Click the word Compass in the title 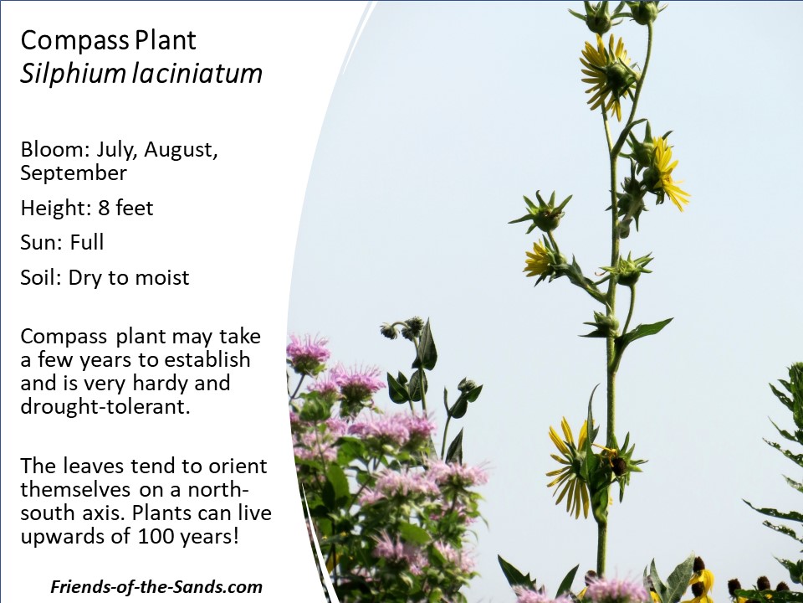(x=75, y=41)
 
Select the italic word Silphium (x=73, y=74)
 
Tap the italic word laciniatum (x=197, y=73)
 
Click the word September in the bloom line (x=74, y=173)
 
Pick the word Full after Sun (x=87, y=242)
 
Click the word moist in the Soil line (x=161, y=277)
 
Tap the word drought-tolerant (x=105, y=407)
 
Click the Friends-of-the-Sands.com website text (x=156, y=586)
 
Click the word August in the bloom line (x=181, y=150)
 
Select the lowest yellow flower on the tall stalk (x=571, y=467)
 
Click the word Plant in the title (x=166, y=40)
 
